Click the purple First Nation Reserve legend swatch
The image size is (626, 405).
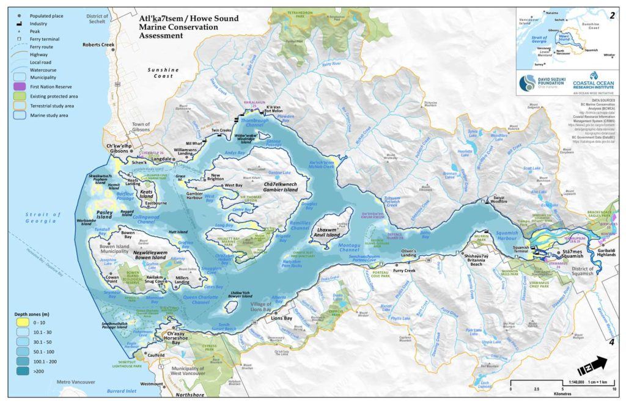[19, 87]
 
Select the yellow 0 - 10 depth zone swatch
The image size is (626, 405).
[19, 322]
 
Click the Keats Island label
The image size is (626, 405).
[146, 194]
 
